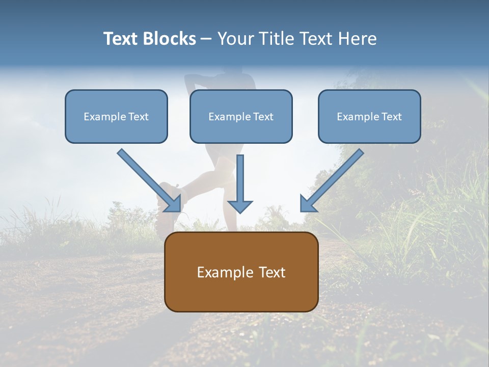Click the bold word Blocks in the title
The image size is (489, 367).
170,39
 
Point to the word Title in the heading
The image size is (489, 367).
275,39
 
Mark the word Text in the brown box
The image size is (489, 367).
271,272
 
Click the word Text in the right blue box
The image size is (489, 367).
391,117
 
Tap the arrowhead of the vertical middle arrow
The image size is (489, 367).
240,206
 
